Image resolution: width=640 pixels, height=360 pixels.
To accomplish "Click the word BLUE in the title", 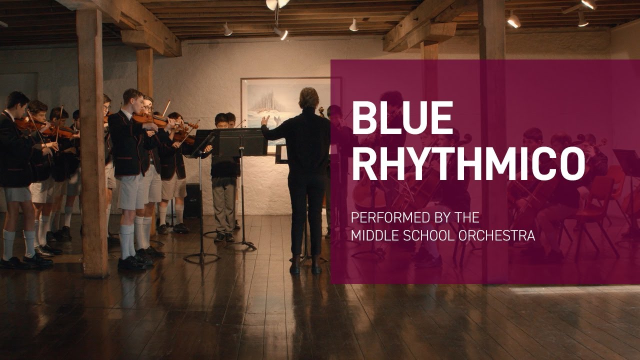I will pos(402,118).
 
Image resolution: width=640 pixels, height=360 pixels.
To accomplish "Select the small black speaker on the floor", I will pos(192,200).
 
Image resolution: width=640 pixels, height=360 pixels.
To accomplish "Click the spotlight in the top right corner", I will pos(588,4).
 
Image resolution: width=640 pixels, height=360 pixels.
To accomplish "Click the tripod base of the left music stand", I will pos(201,256).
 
